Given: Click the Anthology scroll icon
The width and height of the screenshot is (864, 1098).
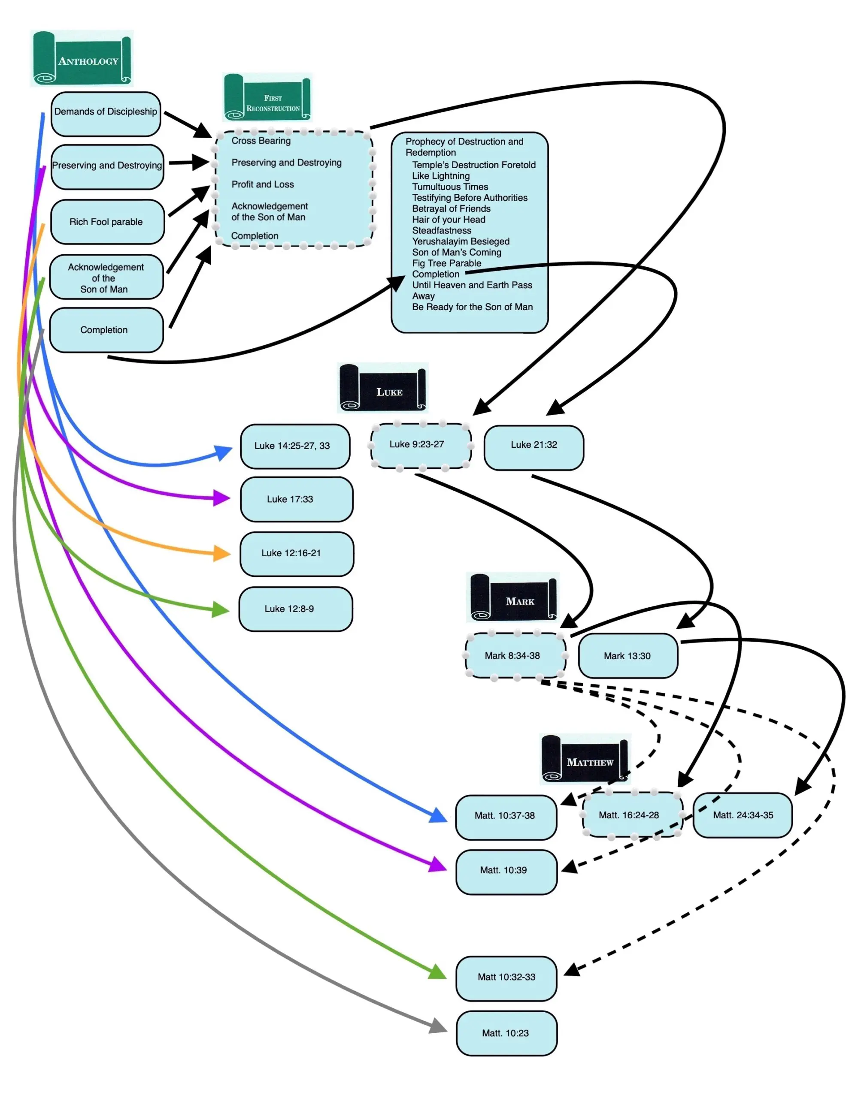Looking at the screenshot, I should tap(82, 59).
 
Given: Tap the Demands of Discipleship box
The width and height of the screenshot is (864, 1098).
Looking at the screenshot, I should tap(106, 114).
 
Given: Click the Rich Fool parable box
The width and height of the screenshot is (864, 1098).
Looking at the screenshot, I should tap(107, 222).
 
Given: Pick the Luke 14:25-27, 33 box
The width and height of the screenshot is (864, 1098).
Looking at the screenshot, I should tap(295, 446).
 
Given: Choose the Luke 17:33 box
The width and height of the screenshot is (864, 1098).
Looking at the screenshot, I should tap(297, 499).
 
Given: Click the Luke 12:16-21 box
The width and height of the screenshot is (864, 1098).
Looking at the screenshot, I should tap(297, 554).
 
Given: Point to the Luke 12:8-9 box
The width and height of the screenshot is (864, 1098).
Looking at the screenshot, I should tap(295, 609).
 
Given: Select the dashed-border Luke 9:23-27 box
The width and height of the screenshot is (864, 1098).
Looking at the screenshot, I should tap(421, 445).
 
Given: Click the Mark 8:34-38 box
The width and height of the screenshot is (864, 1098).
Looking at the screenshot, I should tap(515, 656).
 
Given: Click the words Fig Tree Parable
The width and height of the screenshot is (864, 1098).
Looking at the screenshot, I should tap(447, 263).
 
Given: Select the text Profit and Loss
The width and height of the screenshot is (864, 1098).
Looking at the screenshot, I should tap(263, 184).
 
